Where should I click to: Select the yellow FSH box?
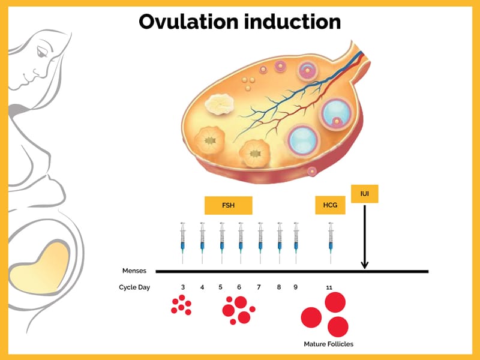[x=229, y=205]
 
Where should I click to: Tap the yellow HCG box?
[x=330, y=205]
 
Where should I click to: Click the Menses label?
[x=134, y=271]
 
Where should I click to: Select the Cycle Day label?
[x=134, y=287]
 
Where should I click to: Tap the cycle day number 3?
[x=182, y=287]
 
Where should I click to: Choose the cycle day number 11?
[x=329, y=287]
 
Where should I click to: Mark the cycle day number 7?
[x=259, y=287]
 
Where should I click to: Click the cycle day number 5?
[x=220, y=287]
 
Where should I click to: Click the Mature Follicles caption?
[x=328, y=344]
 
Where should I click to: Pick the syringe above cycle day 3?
[x=183, y=242]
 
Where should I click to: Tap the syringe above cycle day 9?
[x=295, y=242]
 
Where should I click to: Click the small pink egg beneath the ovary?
[x=312, y=172]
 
